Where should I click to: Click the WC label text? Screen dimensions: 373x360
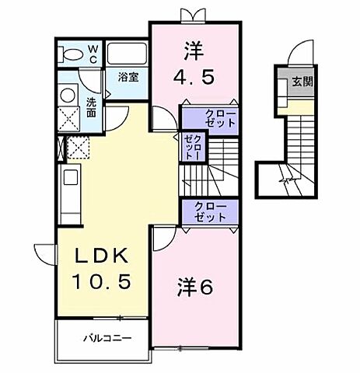point(92,52)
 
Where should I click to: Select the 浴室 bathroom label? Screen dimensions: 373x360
point(128,78)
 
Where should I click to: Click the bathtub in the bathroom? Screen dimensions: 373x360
point(126,54)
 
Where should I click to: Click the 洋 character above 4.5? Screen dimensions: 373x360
point(193,51)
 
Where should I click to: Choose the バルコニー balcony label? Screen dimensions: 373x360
point(107,338)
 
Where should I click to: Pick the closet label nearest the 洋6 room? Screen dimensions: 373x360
point(209,211)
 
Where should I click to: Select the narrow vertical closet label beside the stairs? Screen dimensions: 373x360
point(193,147)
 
